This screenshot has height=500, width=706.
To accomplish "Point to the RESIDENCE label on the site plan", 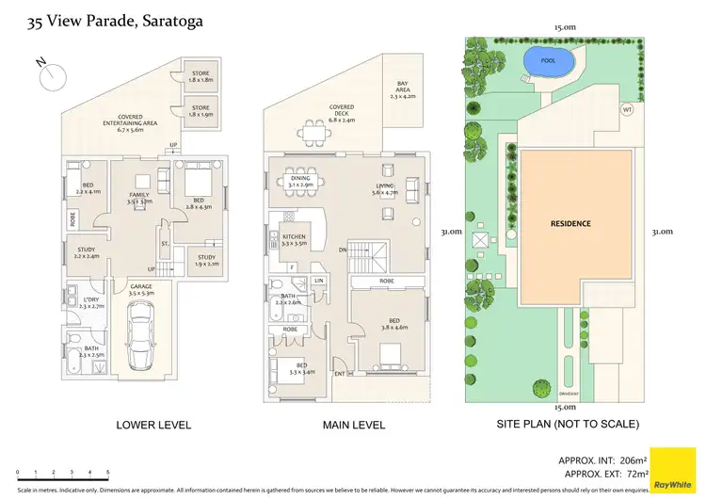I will (x=570, y=224).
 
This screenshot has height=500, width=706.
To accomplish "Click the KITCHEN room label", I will (x=295, y=238).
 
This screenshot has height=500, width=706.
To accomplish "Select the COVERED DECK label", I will (x=341, y=113).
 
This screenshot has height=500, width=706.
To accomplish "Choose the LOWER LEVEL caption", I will (x=153, y=426).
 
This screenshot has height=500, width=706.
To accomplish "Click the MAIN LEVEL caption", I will (x=354, y=426).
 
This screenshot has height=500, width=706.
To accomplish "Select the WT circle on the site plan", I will (x=627, y=109).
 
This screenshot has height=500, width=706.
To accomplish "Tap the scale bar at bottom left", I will (x=62, y=468).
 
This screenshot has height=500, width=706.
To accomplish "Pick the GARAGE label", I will (x=141, y=289).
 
